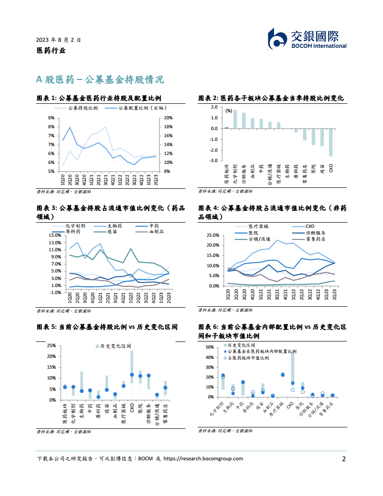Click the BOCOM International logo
point(307,39)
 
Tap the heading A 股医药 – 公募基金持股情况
point(100,79)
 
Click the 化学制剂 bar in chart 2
point(235,119)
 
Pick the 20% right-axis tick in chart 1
point(169,118)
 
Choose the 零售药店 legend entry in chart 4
point(309,239)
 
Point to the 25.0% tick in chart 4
point(213,235)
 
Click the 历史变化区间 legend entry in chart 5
point(111,346)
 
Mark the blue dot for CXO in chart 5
point(132,375)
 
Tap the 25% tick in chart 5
point(51,345)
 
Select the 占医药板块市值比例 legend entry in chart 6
point(248,358)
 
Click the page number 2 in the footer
point(344,459)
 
